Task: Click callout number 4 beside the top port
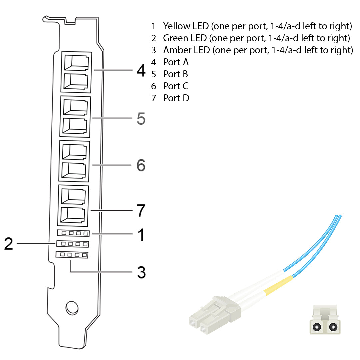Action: (141, 71)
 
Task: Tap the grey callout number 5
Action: (141, 118)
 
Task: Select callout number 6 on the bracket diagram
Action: (141, 165)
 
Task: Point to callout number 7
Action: (141, 211)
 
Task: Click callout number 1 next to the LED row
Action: (141, 235)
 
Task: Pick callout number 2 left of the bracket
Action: (8, 244)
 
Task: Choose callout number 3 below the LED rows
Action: (141, 272)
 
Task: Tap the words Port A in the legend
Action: (176, 62)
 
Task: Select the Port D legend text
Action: (176, 98)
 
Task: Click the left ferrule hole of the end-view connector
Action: (316, 327)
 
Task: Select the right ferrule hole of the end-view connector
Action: (332, 327)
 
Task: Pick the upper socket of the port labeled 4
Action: (76, 62)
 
